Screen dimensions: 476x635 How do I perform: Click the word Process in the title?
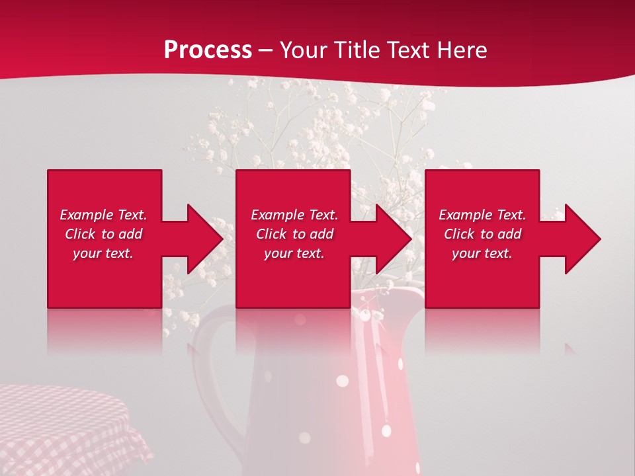coord(208,50)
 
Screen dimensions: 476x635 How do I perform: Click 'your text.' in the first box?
coord(103,253)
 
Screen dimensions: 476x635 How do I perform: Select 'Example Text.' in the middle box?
coord(294,215)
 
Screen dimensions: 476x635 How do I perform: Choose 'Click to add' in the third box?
coord(483,234)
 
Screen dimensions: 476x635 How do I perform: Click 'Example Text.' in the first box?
coord(103,215)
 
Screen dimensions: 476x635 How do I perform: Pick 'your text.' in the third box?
coord(482,253)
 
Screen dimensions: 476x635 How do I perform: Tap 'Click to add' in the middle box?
coord(294,234)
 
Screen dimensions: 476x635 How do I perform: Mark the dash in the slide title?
coord(266,51)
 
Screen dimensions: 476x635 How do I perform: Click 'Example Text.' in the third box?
coord(482,215)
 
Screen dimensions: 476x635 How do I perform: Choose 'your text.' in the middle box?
coord(294,253)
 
